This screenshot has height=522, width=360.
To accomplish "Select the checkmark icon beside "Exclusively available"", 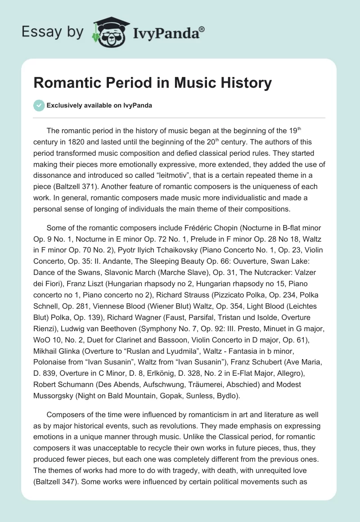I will click(39, 105).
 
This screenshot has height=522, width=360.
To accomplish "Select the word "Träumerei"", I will click(229, 385).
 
